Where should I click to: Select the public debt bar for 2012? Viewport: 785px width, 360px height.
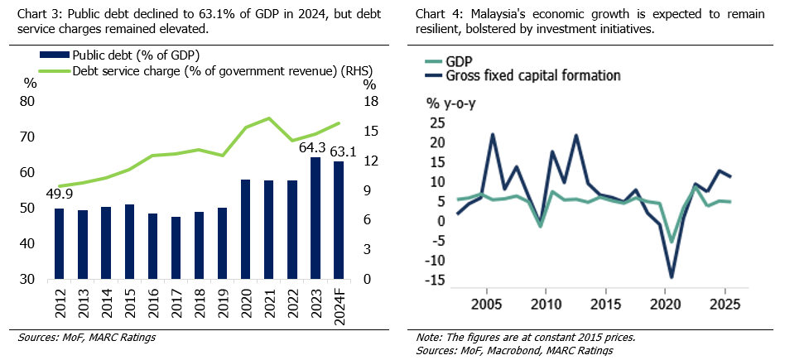[59, 243]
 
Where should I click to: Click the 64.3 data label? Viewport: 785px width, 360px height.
[314, 149]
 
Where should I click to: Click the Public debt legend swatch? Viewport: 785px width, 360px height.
[54, 56]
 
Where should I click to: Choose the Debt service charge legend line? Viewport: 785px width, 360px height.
[54, 71]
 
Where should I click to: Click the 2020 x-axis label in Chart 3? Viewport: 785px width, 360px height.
[245, 302]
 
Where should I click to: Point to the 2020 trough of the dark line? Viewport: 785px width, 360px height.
[671, 276]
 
